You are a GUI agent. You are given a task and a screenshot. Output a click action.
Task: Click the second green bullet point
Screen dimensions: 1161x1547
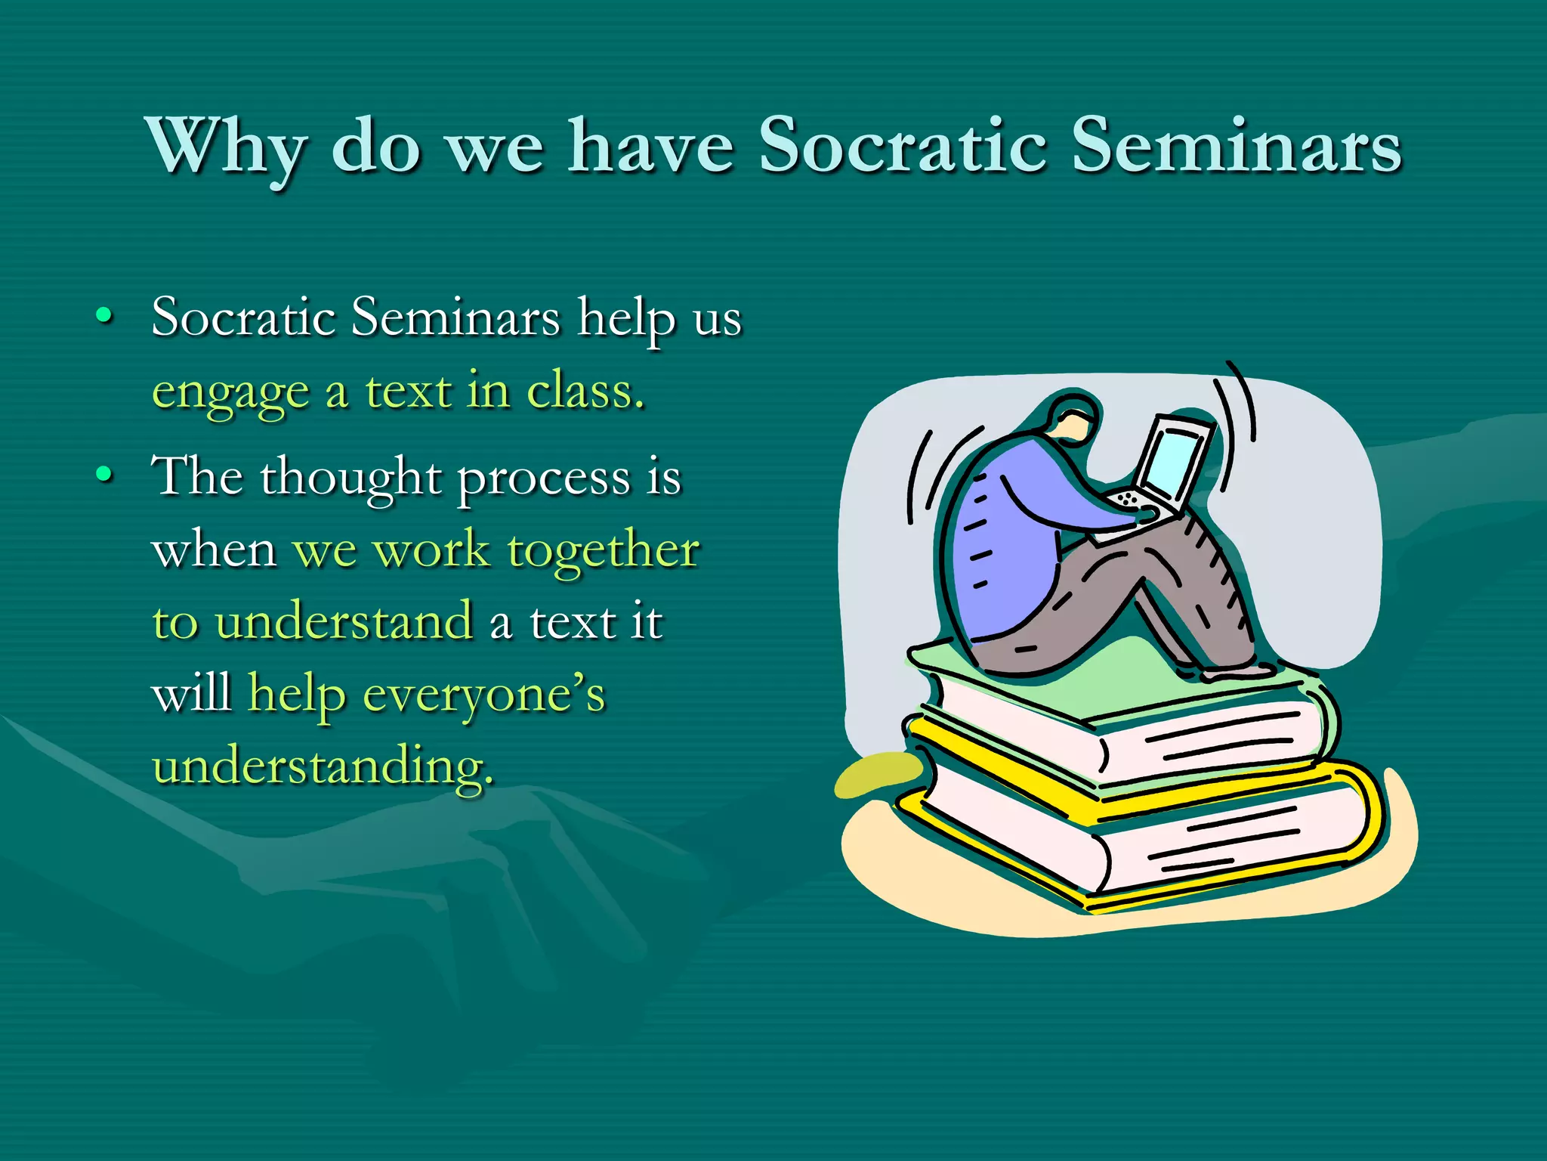point(105,475)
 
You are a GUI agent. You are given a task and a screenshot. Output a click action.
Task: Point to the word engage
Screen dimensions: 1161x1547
point(230,394)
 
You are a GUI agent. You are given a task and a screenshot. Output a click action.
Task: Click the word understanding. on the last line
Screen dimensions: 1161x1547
point(323,766)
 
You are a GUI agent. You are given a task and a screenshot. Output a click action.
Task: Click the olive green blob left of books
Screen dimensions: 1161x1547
point(876,775)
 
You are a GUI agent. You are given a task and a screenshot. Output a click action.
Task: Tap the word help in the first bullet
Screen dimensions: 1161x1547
point(626,317)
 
